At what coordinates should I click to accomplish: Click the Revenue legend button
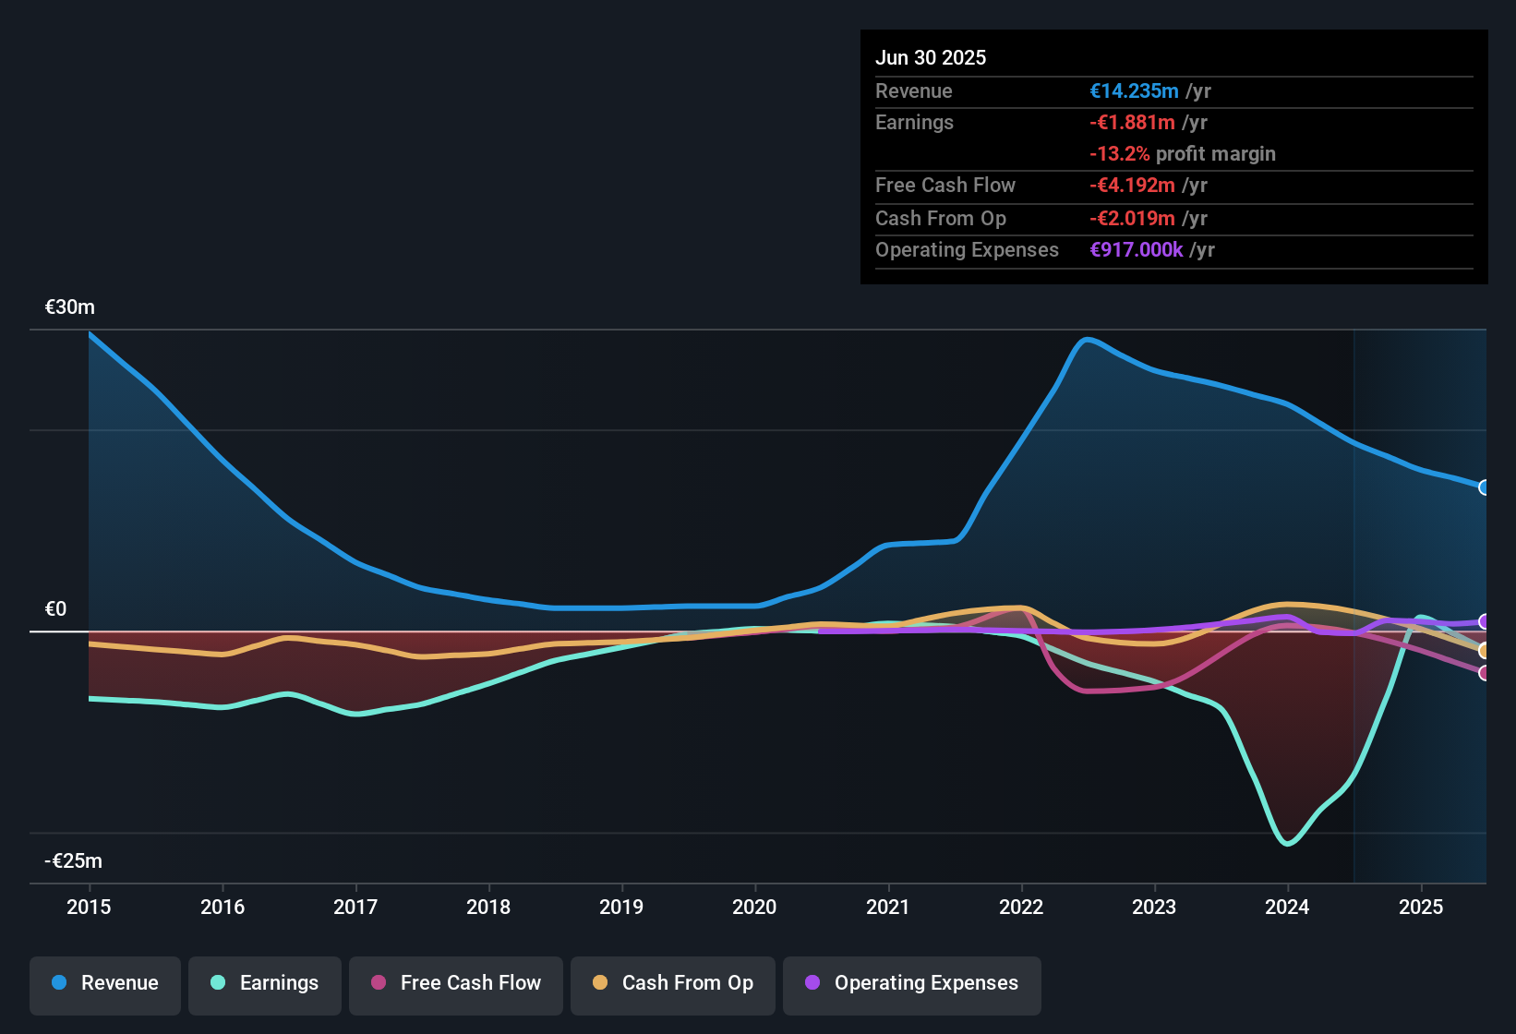(105, 983)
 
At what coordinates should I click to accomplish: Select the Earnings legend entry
(265, 983)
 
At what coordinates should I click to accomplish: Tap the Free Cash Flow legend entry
(456, 983)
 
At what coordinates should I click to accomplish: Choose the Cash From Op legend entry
(673, 983)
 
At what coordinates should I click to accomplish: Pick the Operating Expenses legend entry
(912, 983)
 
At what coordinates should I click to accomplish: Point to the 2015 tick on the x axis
(89, 907)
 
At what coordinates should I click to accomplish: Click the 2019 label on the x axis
(621, 907)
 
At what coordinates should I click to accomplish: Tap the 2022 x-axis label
(1021, 907)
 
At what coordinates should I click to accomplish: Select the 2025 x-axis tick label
(1421, 907)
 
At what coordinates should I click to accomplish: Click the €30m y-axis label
(70, 307)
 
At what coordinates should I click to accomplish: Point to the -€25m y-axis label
(74, 861)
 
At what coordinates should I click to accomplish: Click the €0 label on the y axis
(56, 609)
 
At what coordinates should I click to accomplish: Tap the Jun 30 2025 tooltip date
(931, 58)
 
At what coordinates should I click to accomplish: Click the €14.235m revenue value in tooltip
(1134, 91)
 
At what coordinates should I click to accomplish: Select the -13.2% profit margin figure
(1120, 154)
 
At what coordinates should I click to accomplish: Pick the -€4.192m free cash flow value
(1132, 186)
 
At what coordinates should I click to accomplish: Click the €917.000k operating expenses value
(1137, 250)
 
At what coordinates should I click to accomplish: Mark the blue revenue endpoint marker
(1484, 487)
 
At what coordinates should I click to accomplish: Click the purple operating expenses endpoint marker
(1484, 621)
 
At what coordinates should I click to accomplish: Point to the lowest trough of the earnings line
(1288, 843)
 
